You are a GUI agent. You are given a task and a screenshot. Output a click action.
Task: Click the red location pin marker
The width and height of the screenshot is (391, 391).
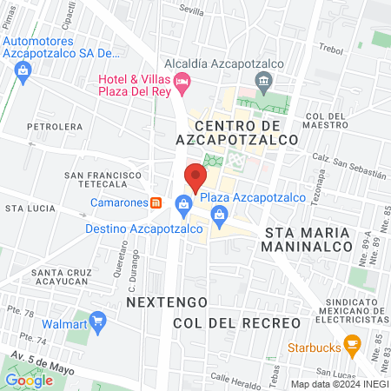tap(195, 176)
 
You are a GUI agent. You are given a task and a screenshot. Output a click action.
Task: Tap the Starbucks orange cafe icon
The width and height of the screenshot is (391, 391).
tap(351, 344)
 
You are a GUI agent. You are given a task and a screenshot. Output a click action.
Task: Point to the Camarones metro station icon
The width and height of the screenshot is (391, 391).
tap(156, 202)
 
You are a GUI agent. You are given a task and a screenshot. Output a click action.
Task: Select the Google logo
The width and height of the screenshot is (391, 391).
tap(29, 380)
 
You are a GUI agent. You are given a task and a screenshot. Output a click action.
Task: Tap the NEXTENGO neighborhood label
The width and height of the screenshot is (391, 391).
tap(167, 302)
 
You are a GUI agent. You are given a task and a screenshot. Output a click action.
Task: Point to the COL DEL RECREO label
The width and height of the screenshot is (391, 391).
tap(236, 322)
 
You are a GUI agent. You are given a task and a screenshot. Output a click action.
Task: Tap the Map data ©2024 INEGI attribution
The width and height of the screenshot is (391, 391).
tap(339, 384)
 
